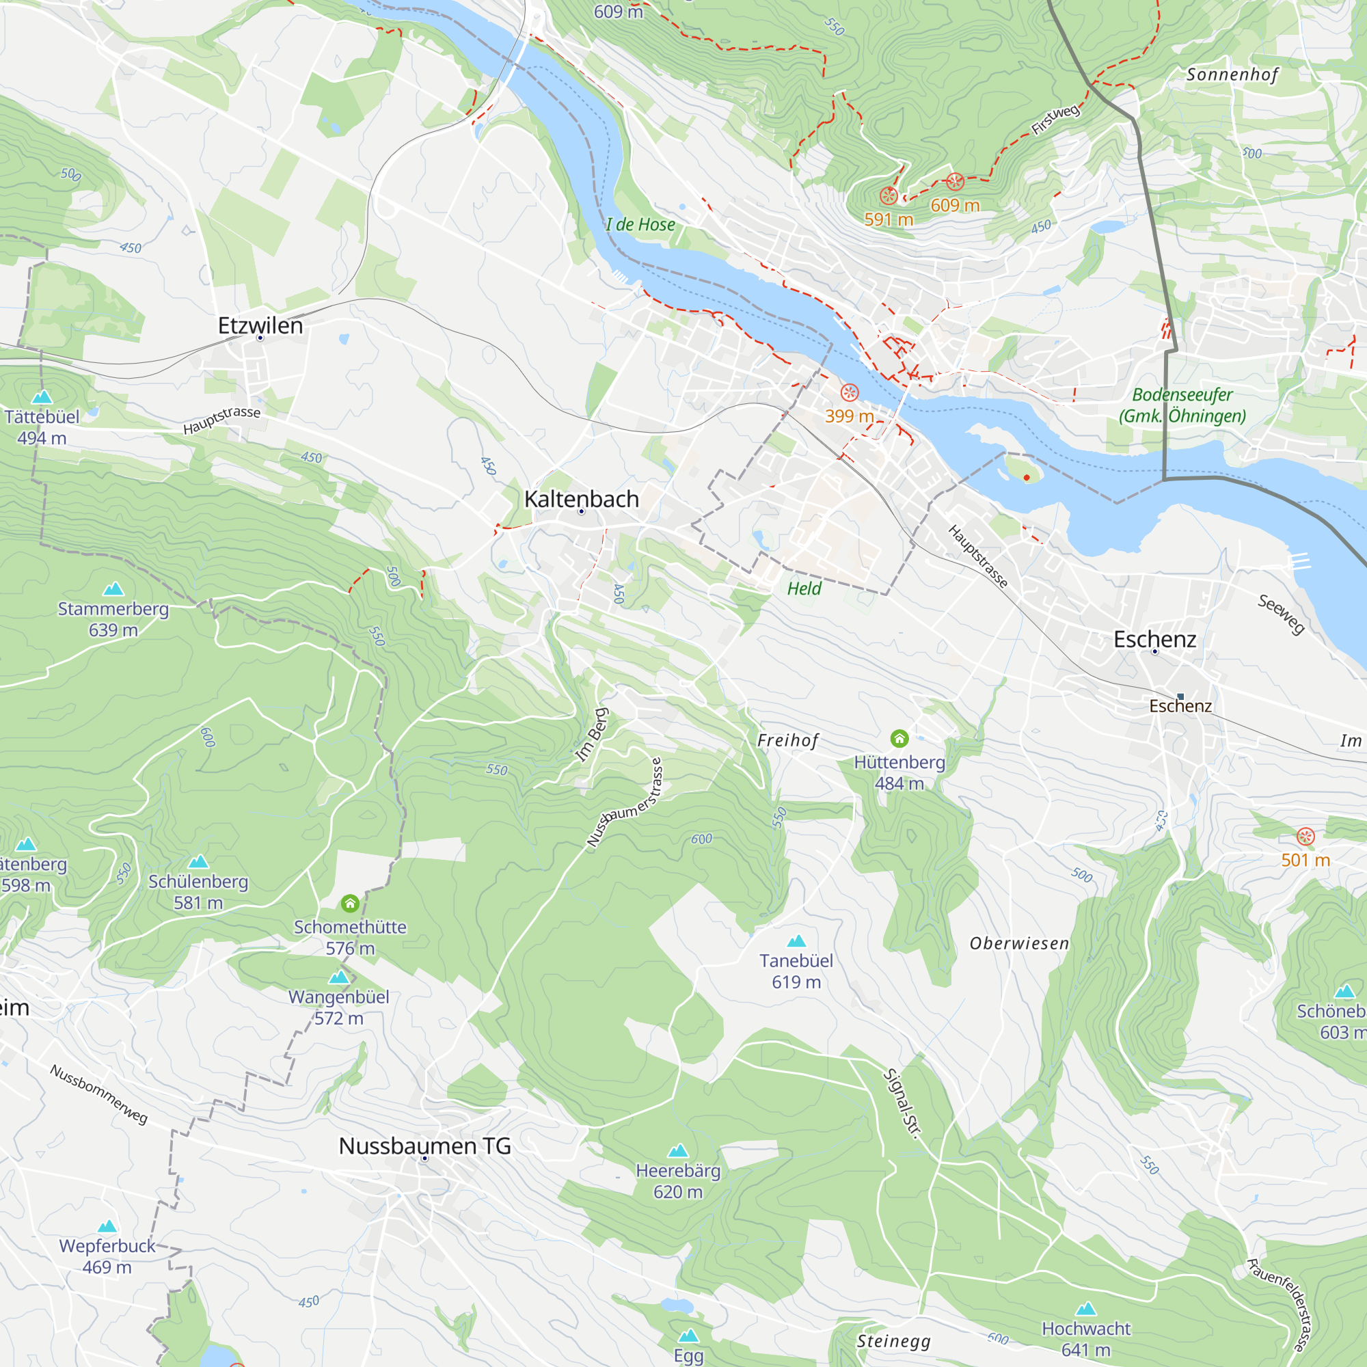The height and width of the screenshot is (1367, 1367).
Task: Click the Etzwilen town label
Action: (260, 325)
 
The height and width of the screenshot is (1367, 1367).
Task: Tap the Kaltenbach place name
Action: (582, 499)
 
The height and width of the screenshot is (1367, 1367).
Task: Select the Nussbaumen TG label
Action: (424, 1146)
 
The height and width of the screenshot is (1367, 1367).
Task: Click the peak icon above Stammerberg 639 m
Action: (113, 588)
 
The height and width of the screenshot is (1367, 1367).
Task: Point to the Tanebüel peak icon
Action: (796, 941)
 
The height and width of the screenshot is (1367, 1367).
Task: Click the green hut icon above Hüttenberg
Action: (899, 739)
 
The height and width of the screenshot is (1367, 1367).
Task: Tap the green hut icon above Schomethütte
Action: (350, 904)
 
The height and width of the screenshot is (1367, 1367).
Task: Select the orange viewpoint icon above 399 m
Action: (849, 393)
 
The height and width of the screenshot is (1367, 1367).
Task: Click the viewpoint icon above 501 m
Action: (1305, 837)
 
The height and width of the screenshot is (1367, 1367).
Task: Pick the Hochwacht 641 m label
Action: (1085, 1339)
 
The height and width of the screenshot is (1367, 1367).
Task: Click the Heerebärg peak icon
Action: (678, 1150)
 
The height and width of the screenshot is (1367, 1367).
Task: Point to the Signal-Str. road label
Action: (903, 1103)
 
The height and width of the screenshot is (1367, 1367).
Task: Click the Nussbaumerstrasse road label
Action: (625, 802)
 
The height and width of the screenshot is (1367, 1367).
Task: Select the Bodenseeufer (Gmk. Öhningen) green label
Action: (1182, 405)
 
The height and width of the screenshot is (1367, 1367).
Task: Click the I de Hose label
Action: (640, 225)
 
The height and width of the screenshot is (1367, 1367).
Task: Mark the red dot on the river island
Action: (1027, 478)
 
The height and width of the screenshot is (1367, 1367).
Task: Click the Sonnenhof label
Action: (1232, 75)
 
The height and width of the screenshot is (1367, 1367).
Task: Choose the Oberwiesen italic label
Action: (1019, 944)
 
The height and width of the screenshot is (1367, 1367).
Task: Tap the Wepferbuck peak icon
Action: (107, 1226)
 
